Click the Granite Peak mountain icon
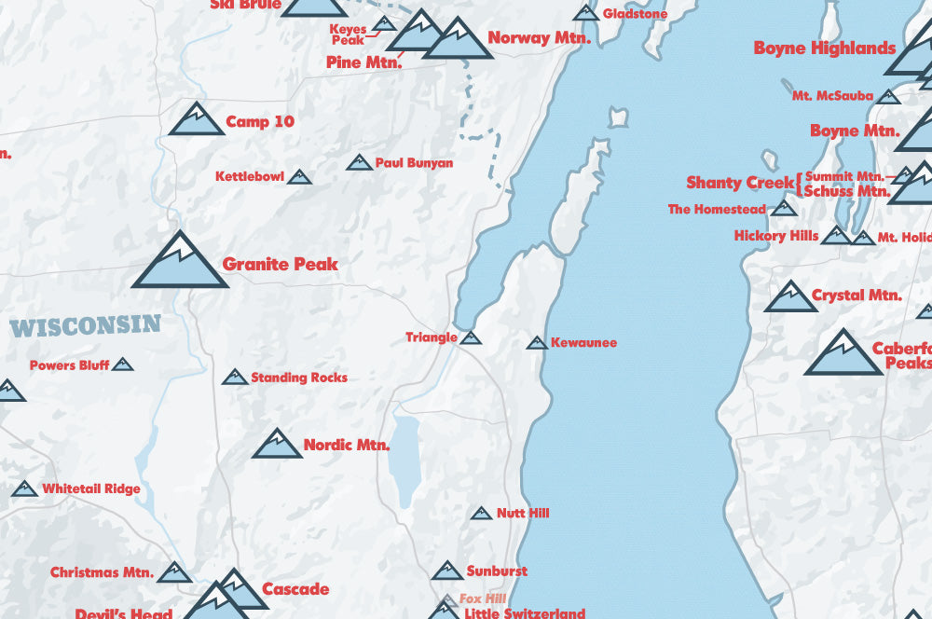click(180, 262)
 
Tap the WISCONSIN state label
click(86, 326)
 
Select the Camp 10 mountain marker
click(197, 120)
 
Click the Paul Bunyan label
click(414, 163)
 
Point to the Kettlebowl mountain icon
click(299, 176)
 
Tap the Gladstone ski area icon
click(585, 13)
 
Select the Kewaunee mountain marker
click(536, 343)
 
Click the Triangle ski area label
click(431, 337)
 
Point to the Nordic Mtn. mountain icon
click(277, 446)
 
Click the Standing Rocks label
click(298, 378)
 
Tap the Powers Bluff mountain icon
click(122, 365)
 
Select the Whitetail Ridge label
click(91, 488)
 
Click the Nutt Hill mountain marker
click(481, 514)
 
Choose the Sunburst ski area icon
click(447, 571)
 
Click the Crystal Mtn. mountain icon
click(790, 298)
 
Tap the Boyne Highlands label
click(825, 48)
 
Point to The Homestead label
click(717, 210)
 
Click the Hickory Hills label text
click(775, 236)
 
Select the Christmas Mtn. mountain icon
click(174, 572)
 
